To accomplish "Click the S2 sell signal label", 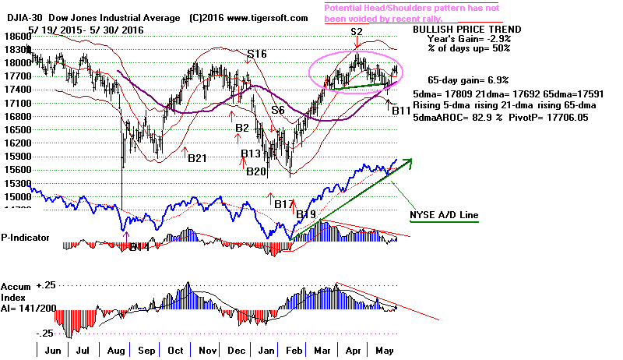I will (x=357, y=32).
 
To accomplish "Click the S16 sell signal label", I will (x=257, y=55).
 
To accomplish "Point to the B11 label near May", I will (x=401, y=111).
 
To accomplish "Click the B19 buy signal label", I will (x=304, y=213).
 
